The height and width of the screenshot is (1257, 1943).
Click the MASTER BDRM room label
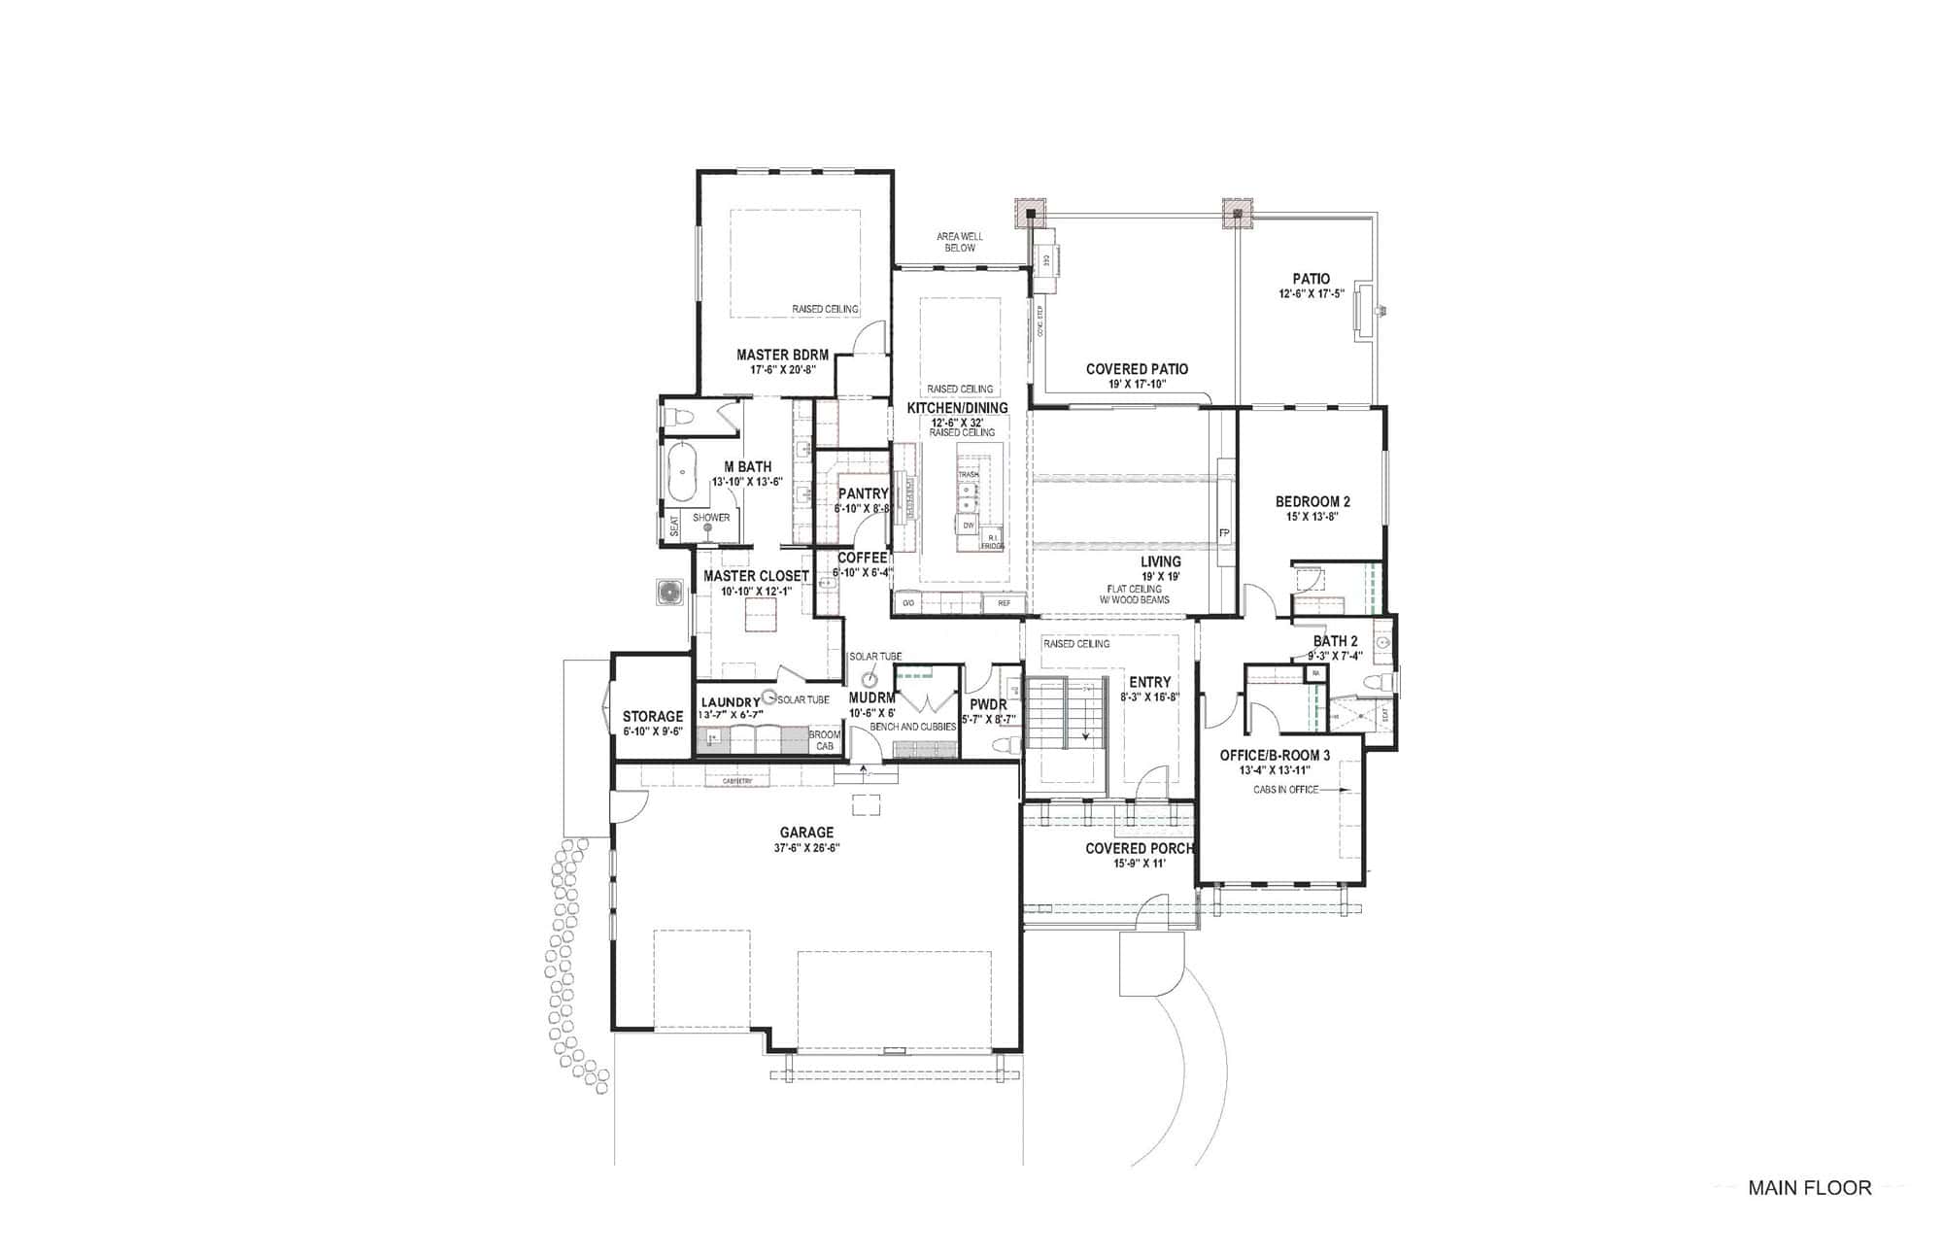[782, 356]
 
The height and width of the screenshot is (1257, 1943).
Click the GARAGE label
[806, 832]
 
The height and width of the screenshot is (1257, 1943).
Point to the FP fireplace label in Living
[1224, 533]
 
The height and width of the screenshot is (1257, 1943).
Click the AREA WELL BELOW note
[960, 242]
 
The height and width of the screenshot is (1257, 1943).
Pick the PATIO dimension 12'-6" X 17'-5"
[1312, 293]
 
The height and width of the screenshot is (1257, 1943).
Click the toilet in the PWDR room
[1005, 745]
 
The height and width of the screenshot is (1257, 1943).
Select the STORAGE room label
[653, 717]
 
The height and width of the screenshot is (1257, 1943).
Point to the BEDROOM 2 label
[1312, 502]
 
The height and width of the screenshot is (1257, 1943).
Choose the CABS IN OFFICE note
[1285, 790]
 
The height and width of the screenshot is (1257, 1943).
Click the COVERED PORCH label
[1139, 849]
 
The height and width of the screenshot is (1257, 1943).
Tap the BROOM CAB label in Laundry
[825, 740]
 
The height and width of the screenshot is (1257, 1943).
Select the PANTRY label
[863, 494]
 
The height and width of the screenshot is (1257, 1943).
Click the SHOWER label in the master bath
[711, 518]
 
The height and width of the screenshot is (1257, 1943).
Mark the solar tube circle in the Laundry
[769, 697]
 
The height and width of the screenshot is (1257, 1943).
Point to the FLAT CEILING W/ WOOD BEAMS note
[1135, 595]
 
